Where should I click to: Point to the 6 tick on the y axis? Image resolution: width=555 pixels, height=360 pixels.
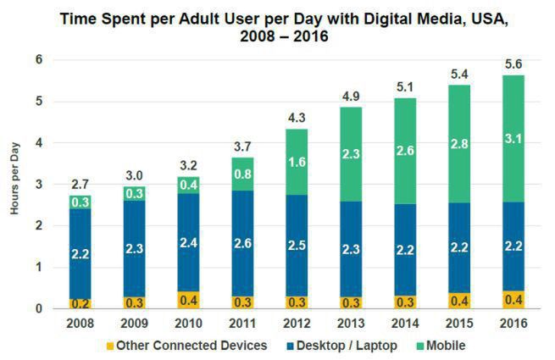click(x=38, y=59)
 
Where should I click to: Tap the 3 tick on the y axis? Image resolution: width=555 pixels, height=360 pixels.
click(x=38, y=185)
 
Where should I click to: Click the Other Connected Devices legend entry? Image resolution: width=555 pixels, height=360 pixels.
click(x=187, y=346)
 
